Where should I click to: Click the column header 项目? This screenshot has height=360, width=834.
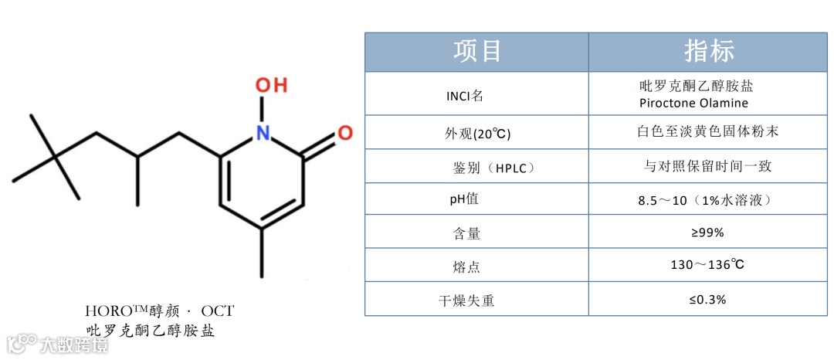point(477,52)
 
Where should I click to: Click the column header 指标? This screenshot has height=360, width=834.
point(708,52)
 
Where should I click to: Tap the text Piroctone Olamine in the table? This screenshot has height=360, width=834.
point(693,103)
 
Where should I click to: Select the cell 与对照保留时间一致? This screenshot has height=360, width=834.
point(707,166)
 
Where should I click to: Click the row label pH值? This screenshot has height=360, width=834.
point(464,199)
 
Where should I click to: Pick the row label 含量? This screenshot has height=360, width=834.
point(466,233)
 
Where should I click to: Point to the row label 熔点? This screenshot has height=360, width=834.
point(466,267)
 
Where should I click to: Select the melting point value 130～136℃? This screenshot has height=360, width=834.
point(707,266)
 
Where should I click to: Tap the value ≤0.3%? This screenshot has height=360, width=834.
point(707,300)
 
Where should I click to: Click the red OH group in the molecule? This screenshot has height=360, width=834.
point(271,86)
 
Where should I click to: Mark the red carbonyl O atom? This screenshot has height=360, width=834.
point(345,133)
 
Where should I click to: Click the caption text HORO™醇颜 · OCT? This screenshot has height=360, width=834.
point(159,311)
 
